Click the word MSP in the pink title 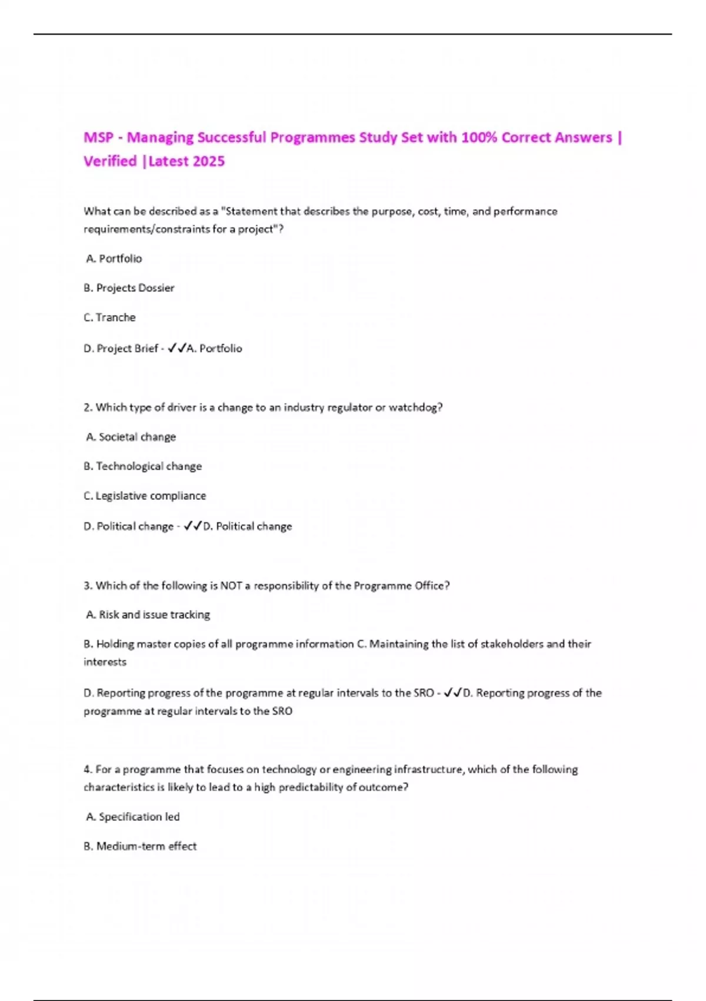click(x=98, y=138)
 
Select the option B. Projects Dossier click(x=129, y=288)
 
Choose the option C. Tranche click(x=110, y=317)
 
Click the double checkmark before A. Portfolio click(x=176, y=348)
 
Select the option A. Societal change click(x=131, y=437)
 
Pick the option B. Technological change click(x=143, y=466)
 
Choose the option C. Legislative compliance click(x=145, y=496)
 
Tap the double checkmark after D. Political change click(x=193, y=526)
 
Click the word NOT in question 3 click(x=231, y=586)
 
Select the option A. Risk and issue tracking click(x=148, y=615)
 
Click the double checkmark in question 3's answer click(x=453, y=693)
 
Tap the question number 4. click(x=87, y=770)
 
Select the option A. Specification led click(x=133, y=817)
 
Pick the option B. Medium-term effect click(x=141, y=846)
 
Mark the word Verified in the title click(x=110, y=161)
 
